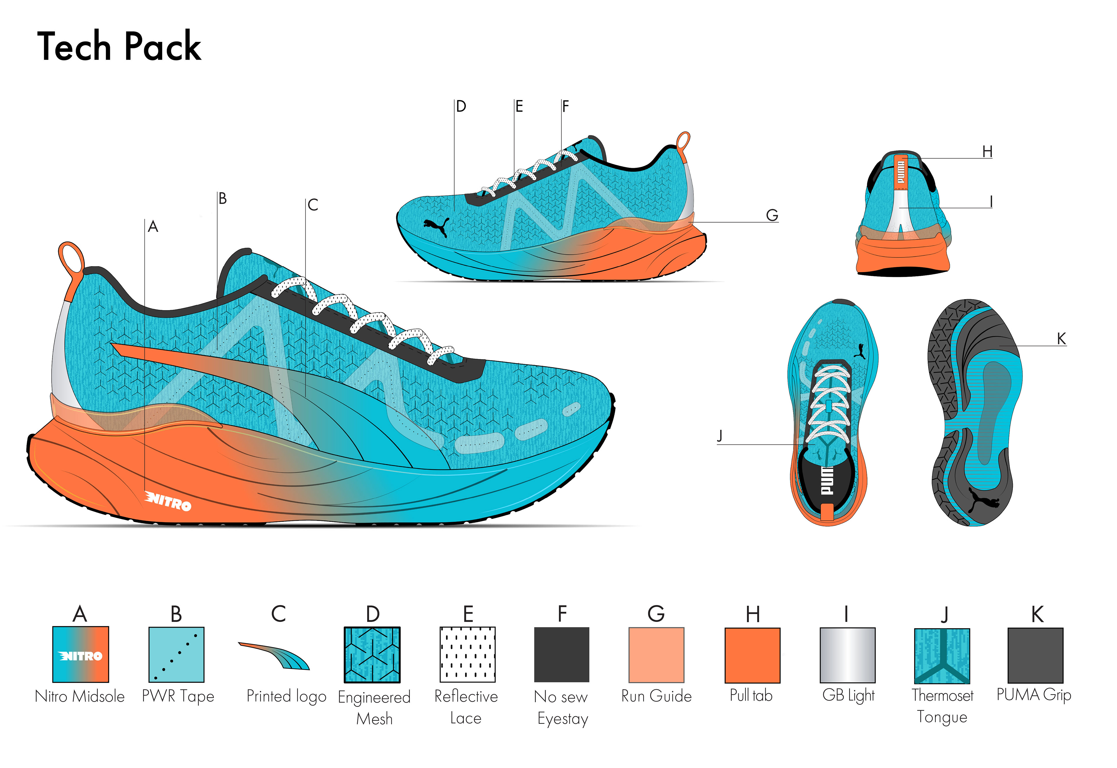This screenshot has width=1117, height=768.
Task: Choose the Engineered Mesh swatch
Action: (x=372, y=655)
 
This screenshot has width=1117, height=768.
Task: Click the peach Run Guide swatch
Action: (x=656, y=655)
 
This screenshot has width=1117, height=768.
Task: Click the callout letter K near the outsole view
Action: (x=1061, y=339)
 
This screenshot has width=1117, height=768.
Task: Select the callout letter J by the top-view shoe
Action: (x=720, y=435)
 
